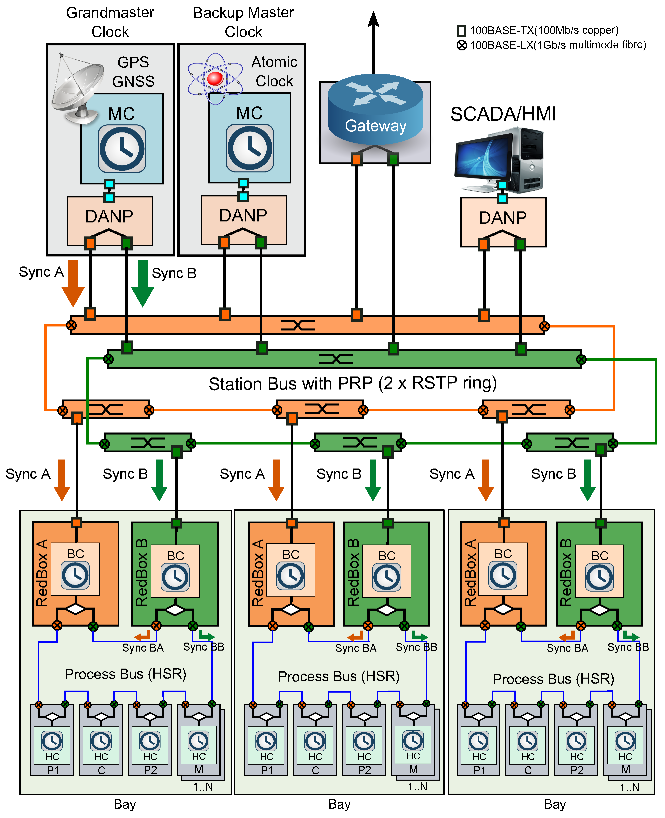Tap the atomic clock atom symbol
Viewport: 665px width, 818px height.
tap(215, 79)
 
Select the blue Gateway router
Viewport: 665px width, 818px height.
tap(375, 109)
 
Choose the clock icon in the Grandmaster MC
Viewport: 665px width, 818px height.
tap(122, 149)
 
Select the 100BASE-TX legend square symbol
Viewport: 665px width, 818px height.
tap(462, 31)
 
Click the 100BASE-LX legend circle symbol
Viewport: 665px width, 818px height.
tap(462, 45)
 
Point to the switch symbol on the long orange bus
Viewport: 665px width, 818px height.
tap(298, 325)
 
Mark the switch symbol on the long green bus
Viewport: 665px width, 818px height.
tap(336, 359)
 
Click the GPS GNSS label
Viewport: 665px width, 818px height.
tap(133, 72)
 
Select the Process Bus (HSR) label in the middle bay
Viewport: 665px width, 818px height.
tap(339, 676)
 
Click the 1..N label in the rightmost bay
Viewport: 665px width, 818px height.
tap(629, 787)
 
